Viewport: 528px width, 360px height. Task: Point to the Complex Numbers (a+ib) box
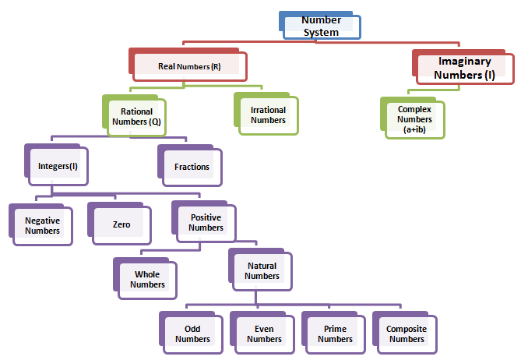[415, 120]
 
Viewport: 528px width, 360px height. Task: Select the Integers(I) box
[58, 166]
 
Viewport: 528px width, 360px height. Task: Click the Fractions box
[192, 167]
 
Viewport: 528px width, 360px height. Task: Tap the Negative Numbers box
[42, 225]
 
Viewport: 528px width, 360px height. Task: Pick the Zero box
[121, 224]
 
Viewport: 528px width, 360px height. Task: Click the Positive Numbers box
[206, 223]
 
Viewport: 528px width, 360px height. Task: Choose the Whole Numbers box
[147, 280]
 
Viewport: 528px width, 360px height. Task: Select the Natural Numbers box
[262, 271]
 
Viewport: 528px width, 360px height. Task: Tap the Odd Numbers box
[192, 334]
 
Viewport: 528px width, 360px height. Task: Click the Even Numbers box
[264, 334]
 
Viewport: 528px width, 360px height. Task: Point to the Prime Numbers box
[335, 334]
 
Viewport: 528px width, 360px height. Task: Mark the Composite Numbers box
[406, 334]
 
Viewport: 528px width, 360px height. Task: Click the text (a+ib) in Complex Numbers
[415, 131]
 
